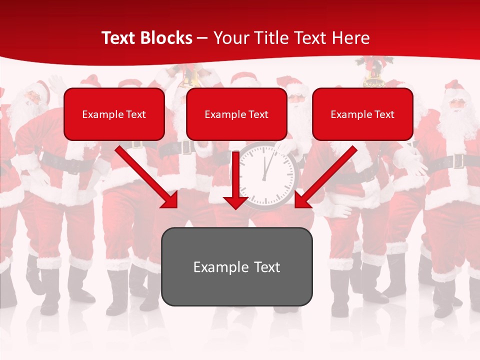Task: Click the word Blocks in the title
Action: (166, 38)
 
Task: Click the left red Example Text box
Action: (114, 114)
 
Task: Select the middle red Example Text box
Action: (236, 114)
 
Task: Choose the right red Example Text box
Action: (362, 114)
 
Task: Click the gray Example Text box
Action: (236, 266)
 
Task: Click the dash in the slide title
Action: (202, 38)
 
